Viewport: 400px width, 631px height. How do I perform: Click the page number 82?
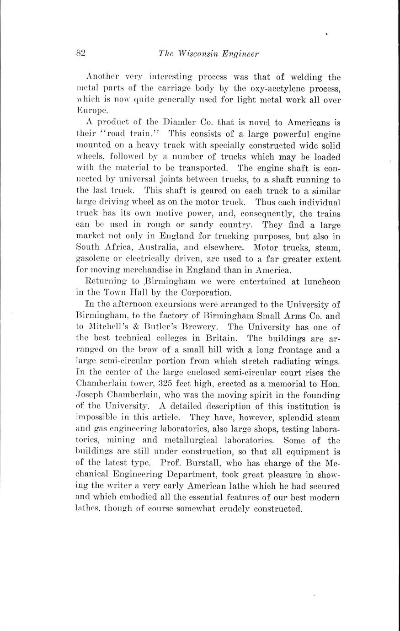pos(81,53)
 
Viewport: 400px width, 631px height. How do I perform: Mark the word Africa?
pos(127,247)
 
